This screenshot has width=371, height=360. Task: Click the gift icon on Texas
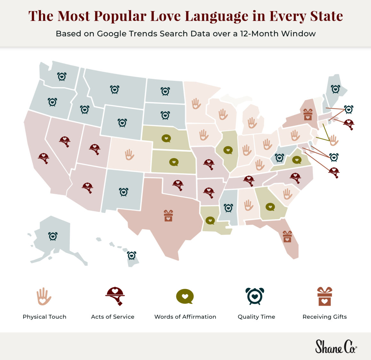coord(168,216)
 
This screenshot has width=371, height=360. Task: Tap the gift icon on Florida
coord(287,236)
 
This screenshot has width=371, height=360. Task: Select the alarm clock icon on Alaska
coord(53,236)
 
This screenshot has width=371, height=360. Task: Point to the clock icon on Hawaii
coord(131,255)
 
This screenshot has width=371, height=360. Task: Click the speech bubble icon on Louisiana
coord(210,220)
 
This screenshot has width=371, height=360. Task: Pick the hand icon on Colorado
coord(129,155)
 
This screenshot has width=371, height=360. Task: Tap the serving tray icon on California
coord(43,157)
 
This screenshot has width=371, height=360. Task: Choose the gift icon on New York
coord(308,114)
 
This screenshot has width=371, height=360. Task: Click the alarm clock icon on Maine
coord(335,89)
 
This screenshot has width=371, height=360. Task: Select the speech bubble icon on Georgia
coord(270,207)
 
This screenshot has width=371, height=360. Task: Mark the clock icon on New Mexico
coord(124,192)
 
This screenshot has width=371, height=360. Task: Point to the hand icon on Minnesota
coord(196,103)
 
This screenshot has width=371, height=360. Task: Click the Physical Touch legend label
coord(44,317)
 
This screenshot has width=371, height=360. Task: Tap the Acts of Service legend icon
coord(115,296)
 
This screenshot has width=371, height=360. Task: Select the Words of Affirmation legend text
coord(185,317)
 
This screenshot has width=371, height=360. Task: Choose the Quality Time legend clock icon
coord(255,296)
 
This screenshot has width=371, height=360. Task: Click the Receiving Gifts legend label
coord(325,317)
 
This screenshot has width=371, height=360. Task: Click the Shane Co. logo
coord(336,347)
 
